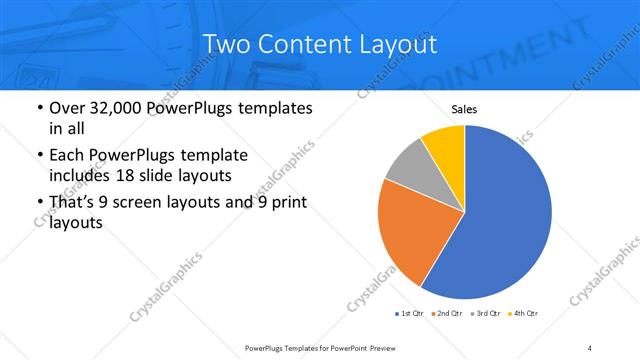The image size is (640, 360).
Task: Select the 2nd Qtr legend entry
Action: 449,314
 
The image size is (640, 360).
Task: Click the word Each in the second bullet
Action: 65,156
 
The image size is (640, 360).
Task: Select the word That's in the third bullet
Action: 72,204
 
